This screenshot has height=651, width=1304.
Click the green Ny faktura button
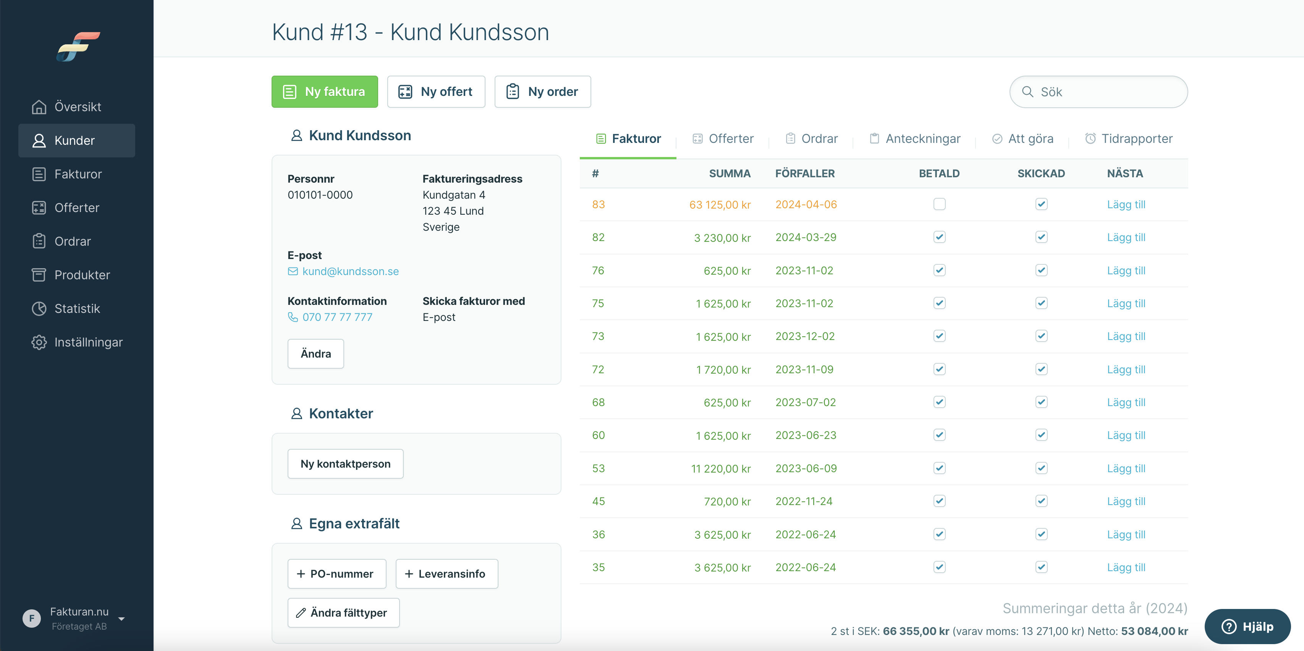(x=325, y=92)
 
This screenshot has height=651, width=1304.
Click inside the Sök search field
(x=1099, y=92)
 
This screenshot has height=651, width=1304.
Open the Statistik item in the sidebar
(x=76, y=308)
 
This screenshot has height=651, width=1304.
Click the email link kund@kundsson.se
(x=350, y=271)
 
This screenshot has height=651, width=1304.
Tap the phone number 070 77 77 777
(x=337, y=317)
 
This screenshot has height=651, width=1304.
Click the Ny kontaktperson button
(x=345, y=464)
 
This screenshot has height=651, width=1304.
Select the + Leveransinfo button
(x=447, y=573)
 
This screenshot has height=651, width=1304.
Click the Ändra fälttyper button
(x=343, y=612)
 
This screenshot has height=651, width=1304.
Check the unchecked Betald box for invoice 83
(x=940, y=204)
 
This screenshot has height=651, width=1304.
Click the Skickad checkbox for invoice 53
(x=1041, y=468)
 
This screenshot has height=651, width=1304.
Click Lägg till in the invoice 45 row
(x=1126, y=501)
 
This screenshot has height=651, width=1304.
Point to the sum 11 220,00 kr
(x=721, y=469)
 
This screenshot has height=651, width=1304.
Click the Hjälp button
(x=1247, y=626)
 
